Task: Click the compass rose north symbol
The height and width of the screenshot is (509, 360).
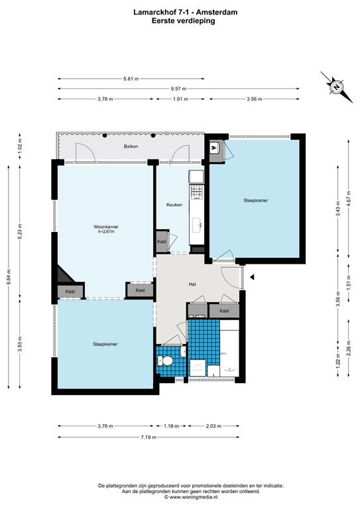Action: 337,87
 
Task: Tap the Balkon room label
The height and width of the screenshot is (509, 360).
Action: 131,146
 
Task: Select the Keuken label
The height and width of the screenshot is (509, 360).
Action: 174,205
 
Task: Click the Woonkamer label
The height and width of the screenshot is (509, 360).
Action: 106,227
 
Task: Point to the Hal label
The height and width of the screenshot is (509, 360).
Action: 192,284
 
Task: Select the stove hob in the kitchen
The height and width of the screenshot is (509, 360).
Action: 197,192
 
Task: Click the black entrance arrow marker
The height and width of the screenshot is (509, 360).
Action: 252,277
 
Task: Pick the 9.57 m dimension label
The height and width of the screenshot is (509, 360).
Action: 178,89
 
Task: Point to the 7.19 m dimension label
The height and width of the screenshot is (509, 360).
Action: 149,437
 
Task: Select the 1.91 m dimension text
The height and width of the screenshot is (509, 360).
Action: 180,99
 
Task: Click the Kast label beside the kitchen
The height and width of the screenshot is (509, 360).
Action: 162,241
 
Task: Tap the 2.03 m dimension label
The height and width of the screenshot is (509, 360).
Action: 213,426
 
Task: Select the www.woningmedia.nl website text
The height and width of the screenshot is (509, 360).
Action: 194,496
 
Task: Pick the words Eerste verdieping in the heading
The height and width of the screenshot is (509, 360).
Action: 183,21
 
